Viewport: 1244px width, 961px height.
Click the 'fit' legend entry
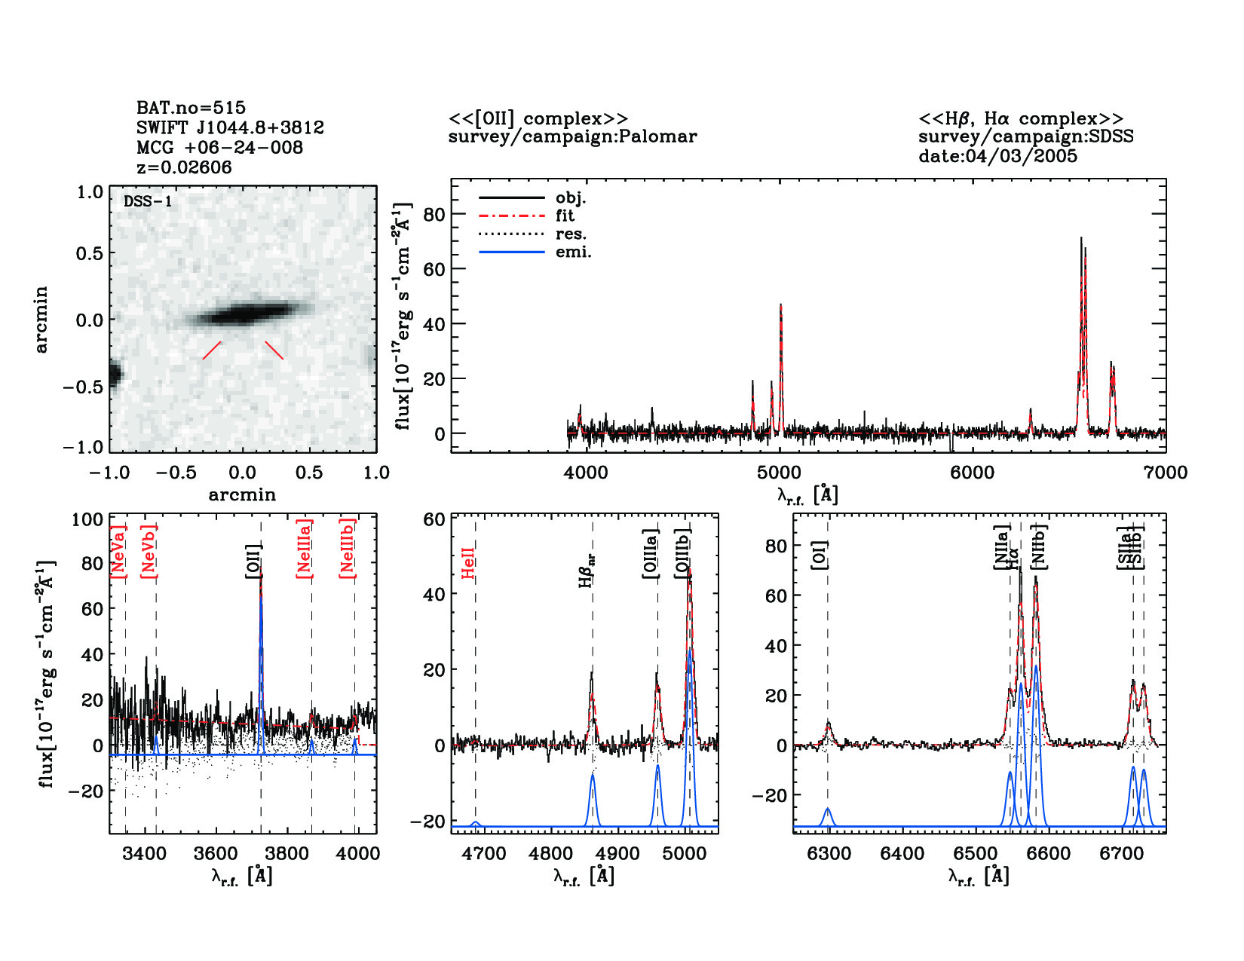(x=565, y=216)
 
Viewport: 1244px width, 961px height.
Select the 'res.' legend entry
(x=571, y=234)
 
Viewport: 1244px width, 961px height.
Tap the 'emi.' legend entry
(x=573, y=252)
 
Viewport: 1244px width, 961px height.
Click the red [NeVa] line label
(x=118, y=551)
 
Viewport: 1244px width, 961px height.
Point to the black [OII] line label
(x=253, y=561)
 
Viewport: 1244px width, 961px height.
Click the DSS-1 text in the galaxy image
(x=148, y=201)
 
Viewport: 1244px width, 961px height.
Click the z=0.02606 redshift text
(x=184, y=167)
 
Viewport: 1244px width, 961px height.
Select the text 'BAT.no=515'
(x=191, y=108)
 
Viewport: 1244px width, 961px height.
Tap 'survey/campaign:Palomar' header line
(x=572, y=136)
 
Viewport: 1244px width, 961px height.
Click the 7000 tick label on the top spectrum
(x=1165, y=473)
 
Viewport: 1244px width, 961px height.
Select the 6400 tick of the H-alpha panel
(x=902, y=853)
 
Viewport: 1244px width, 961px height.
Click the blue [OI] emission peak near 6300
(x=828, y=810)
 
